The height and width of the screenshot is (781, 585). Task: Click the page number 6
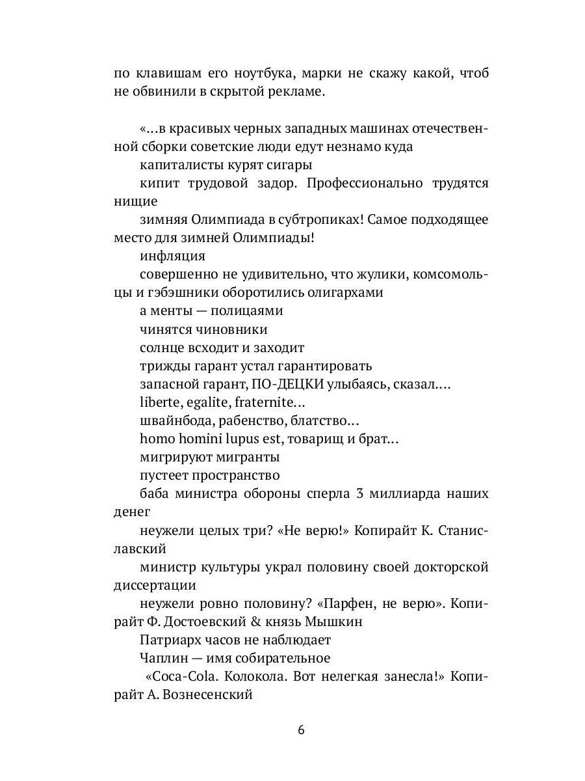301,729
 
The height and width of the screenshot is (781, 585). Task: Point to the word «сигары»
292,165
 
